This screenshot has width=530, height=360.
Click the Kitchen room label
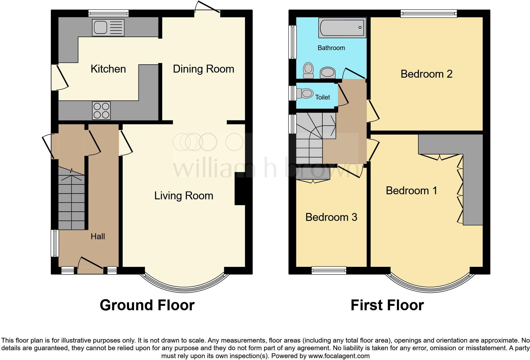[108, 69]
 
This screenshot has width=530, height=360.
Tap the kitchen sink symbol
[108, 28]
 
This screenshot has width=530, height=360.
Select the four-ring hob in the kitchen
[101, 111]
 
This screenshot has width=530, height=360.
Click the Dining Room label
[203, 69]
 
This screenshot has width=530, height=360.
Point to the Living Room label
[184, 196]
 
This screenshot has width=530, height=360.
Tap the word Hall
[98, 236]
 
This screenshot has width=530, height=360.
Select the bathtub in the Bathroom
[342, 27]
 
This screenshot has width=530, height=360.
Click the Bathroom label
[331, 48]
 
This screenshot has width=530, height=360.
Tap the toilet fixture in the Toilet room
[305, 93]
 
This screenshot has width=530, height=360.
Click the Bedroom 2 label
[426, 74]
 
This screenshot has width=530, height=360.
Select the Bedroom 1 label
[411, 191]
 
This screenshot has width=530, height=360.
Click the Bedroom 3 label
[331, 217]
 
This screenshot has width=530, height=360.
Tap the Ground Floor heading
[147, 305]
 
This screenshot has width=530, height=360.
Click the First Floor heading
[387, 305]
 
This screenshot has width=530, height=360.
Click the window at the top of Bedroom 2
[429, 13]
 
